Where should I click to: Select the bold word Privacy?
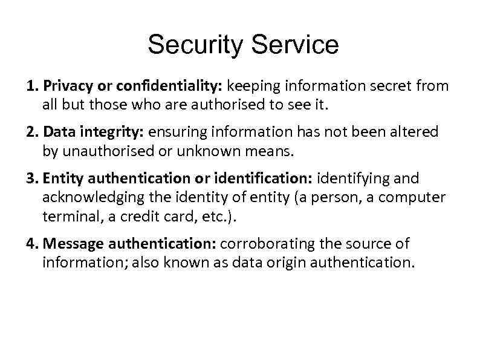pyautogui.click(x=64, y=86)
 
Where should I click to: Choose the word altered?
pyautogui.click(x=416, y=133)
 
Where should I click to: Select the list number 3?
pyautogui.click(x=31, y=179)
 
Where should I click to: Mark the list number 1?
pyautogui.click(x=31, y=86)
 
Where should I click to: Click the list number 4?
pyautogui.click(x=31, y=244)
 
